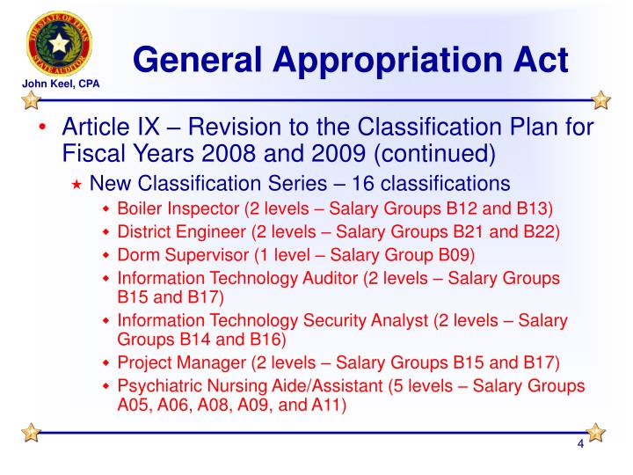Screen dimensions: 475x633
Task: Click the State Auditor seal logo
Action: [x=59, y=43]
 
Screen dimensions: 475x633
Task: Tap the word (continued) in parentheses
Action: [x=434, y=156]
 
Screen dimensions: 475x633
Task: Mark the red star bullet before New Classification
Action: [x=77, y=184]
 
